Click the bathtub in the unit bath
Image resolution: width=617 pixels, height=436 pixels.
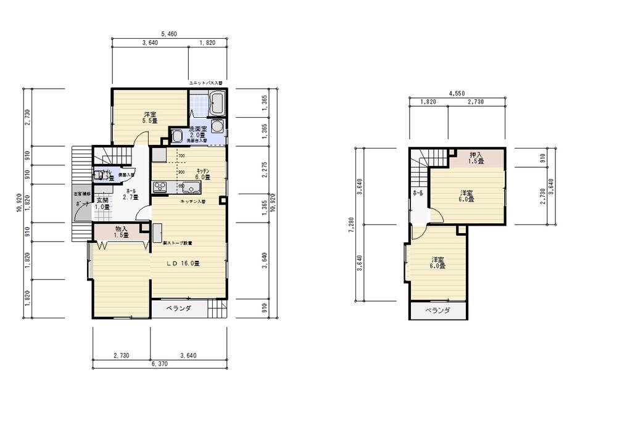click(x=216, y=103)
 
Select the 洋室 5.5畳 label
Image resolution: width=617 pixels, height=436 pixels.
click(x=151, y=117)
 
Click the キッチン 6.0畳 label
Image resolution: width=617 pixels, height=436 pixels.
click(x=203, y=173)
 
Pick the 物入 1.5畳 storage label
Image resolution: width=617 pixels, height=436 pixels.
click(x=121, y=232)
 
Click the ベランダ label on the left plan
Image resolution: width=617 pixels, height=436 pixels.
click(x=179, y=308)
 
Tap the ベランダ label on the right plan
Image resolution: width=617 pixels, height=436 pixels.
click(x=437, y=311)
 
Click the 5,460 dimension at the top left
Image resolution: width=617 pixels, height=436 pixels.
click(x=169, y=35)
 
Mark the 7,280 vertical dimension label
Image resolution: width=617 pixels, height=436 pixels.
click(x=351, y=226)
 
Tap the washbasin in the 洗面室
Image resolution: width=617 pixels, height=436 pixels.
click(x=176, y=136)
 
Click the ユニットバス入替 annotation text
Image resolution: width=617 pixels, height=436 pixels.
click(x=205, y=82)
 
